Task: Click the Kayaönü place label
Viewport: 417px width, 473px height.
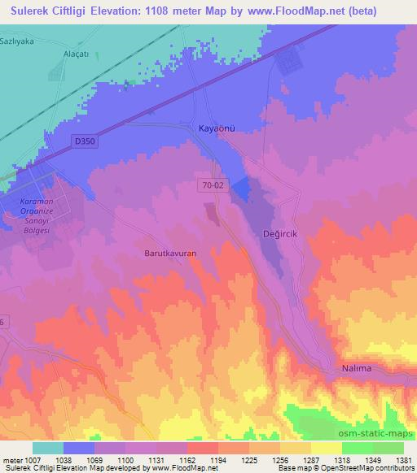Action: [218, 128]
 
